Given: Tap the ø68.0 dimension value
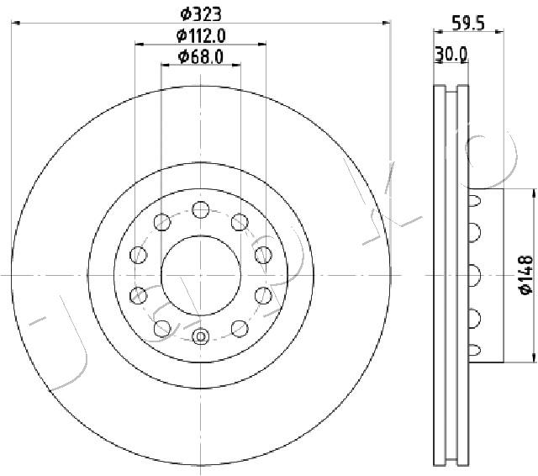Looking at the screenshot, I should (x=200, y=56).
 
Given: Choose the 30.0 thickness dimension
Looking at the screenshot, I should (x=451, y=55).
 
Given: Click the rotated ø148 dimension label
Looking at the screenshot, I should (x=525, y=276).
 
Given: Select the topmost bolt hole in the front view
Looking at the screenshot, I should (x=200, y=209).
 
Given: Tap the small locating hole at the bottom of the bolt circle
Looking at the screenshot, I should (x=200, y=337).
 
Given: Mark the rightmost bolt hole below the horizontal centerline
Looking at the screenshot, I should (x=262, y=294).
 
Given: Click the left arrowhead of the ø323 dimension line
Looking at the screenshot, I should (x=15, y=25).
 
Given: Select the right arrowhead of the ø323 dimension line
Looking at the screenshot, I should (x=388, y=25).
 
